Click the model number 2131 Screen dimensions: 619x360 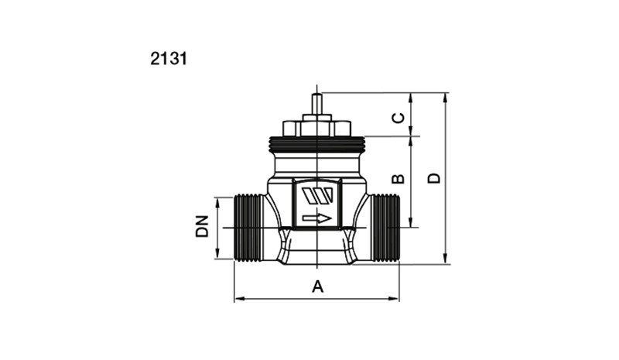pyautogui.click(x=169, y=59)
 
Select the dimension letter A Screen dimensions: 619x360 pyautogui.click(x=318, y=286)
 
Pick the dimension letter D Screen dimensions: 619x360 pyautogui.click(x=434, y=178)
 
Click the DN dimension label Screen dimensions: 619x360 pyautogui.click(x=202, y=226)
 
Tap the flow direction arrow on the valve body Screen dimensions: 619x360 pyautogui.click(x=317, y=218)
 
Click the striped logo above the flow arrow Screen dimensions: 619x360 pyautogui.click(x=317, y=196)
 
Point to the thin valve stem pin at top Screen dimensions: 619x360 pyautogui.click(x=317, y=105)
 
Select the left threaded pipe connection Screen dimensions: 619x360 pyautogui.click(x=248, y=228)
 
